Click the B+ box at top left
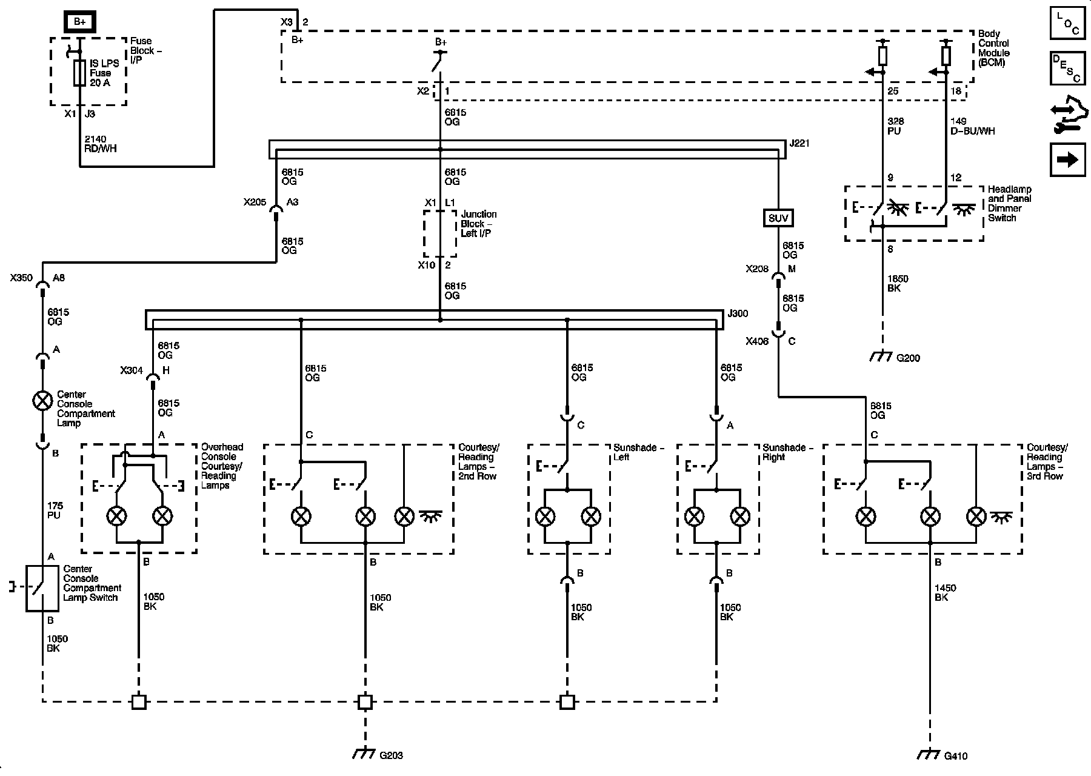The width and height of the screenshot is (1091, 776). [x=79, y=22]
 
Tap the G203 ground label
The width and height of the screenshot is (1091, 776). [x=391, y=755]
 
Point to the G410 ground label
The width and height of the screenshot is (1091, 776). [x=956, y=756]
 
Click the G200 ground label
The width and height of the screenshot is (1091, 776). [x=908, y=358]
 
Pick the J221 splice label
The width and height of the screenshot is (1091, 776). [x=799, y=144]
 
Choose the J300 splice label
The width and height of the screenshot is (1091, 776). [x=738, y=314]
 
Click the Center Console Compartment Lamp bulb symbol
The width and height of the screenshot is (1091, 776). [x=42, y=401]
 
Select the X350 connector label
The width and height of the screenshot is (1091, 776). [x=21, y=278]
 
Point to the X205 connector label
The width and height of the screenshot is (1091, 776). [x=255, y=202]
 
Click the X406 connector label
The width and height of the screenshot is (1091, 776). [x=757, y=341]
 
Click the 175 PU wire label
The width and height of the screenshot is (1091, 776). [x=54, y=510]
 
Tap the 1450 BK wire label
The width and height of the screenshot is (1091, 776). [x=946, y=593]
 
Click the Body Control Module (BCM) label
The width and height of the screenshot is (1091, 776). [x=994, y=48]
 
